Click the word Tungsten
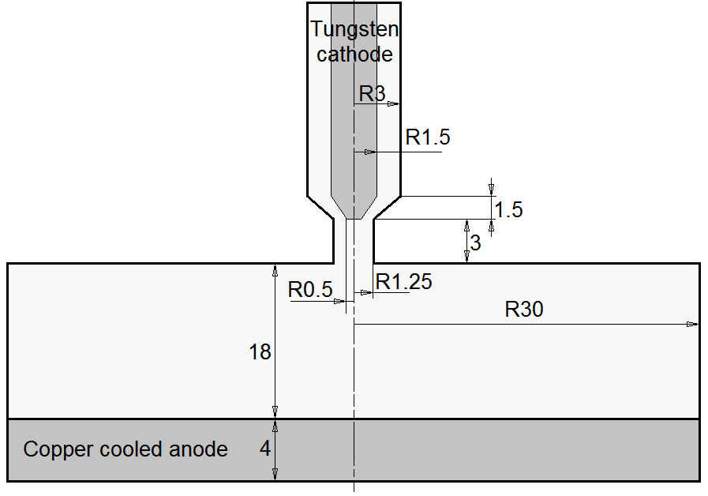click(354, 30)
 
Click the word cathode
click(354, 54)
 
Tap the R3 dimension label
click(372, 93)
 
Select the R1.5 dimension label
click(428, 137)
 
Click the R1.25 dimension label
click(404, 281)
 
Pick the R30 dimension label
click(524, 310)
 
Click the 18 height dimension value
click(260, 352)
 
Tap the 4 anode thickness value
click(265, 449)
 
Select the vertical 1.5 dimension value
click(508, 209)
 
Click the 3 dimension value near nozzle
click(475, 243)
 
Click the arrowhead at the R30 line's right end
click(693, 324)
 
